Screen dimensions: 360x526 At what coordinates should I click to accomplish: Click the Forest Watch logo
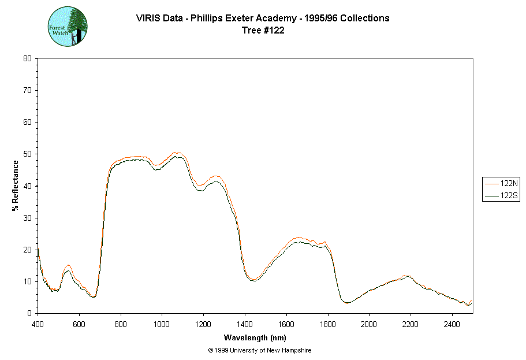pos(68,27)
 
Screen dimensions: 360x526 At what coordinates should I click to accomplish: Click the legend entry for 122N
pos(502,183)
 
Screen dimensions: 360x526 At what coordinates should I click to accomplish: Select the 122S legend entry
pos(502,196)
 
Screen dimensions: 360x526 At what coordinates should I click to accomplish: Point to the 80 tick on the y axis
pos(27,58)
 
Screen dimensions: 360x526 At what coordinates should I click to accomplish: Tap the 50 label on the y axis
pos(27,154)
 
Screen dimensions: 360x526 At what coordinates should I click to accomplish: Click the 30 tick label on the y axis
pos(27,218)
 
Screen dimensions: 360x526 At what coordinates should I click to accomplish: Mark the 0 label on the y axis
pos(29,313)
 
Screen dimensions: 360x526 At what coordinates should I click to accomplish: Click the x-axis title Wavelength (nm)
pos(255,338)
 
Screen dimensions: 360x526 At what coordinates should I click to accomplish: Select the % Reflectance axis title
pos(16,185)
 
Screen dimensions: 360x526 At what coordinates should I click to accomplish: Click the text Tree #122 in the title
pos(263,31)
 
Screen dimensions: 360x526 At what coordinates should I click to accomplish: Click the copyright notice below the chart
pos(260,350)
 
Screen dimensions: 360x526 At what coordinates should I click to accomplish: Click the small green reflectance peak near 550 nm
pos(68,270)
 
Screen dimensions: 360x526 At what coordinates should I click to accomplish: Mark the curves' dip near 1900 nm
pos(348,302)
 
